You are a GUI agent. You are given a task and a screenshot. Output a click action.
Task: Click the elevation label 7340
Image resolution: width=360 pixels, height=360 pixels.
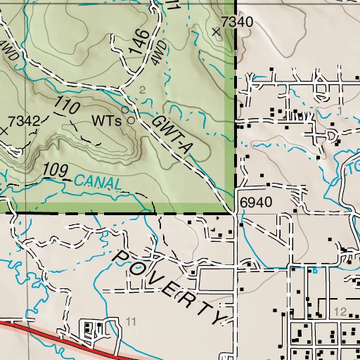coord(236,22)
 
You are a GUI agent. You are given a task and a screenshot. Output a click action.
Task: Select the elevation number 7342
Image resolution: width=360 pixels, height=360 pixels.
coord(24,120)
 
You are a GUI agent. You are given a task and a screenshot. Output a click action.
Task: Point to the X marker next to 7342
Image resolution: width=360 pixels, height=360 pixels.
coord(5,130)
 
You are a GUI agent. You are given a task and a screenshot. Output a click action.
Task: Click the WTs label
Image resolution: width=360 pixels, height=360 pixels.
coord(108,120)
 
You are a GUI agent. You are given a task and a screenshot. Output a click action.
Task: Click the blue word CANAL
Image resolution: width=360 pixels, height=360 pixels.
coord(95,182)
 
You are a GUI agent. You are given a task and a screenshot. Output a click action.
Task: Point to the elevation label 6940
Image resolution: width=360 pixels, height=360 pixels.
coord(255,202)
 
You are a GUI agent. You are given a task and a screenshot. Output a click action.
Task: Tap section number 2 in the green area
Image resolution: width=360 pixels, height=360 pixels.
coord(142,89)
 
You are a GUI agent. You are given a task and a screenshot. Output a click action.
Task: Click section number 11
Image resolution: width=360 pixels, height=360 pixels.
coord(131,321)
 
